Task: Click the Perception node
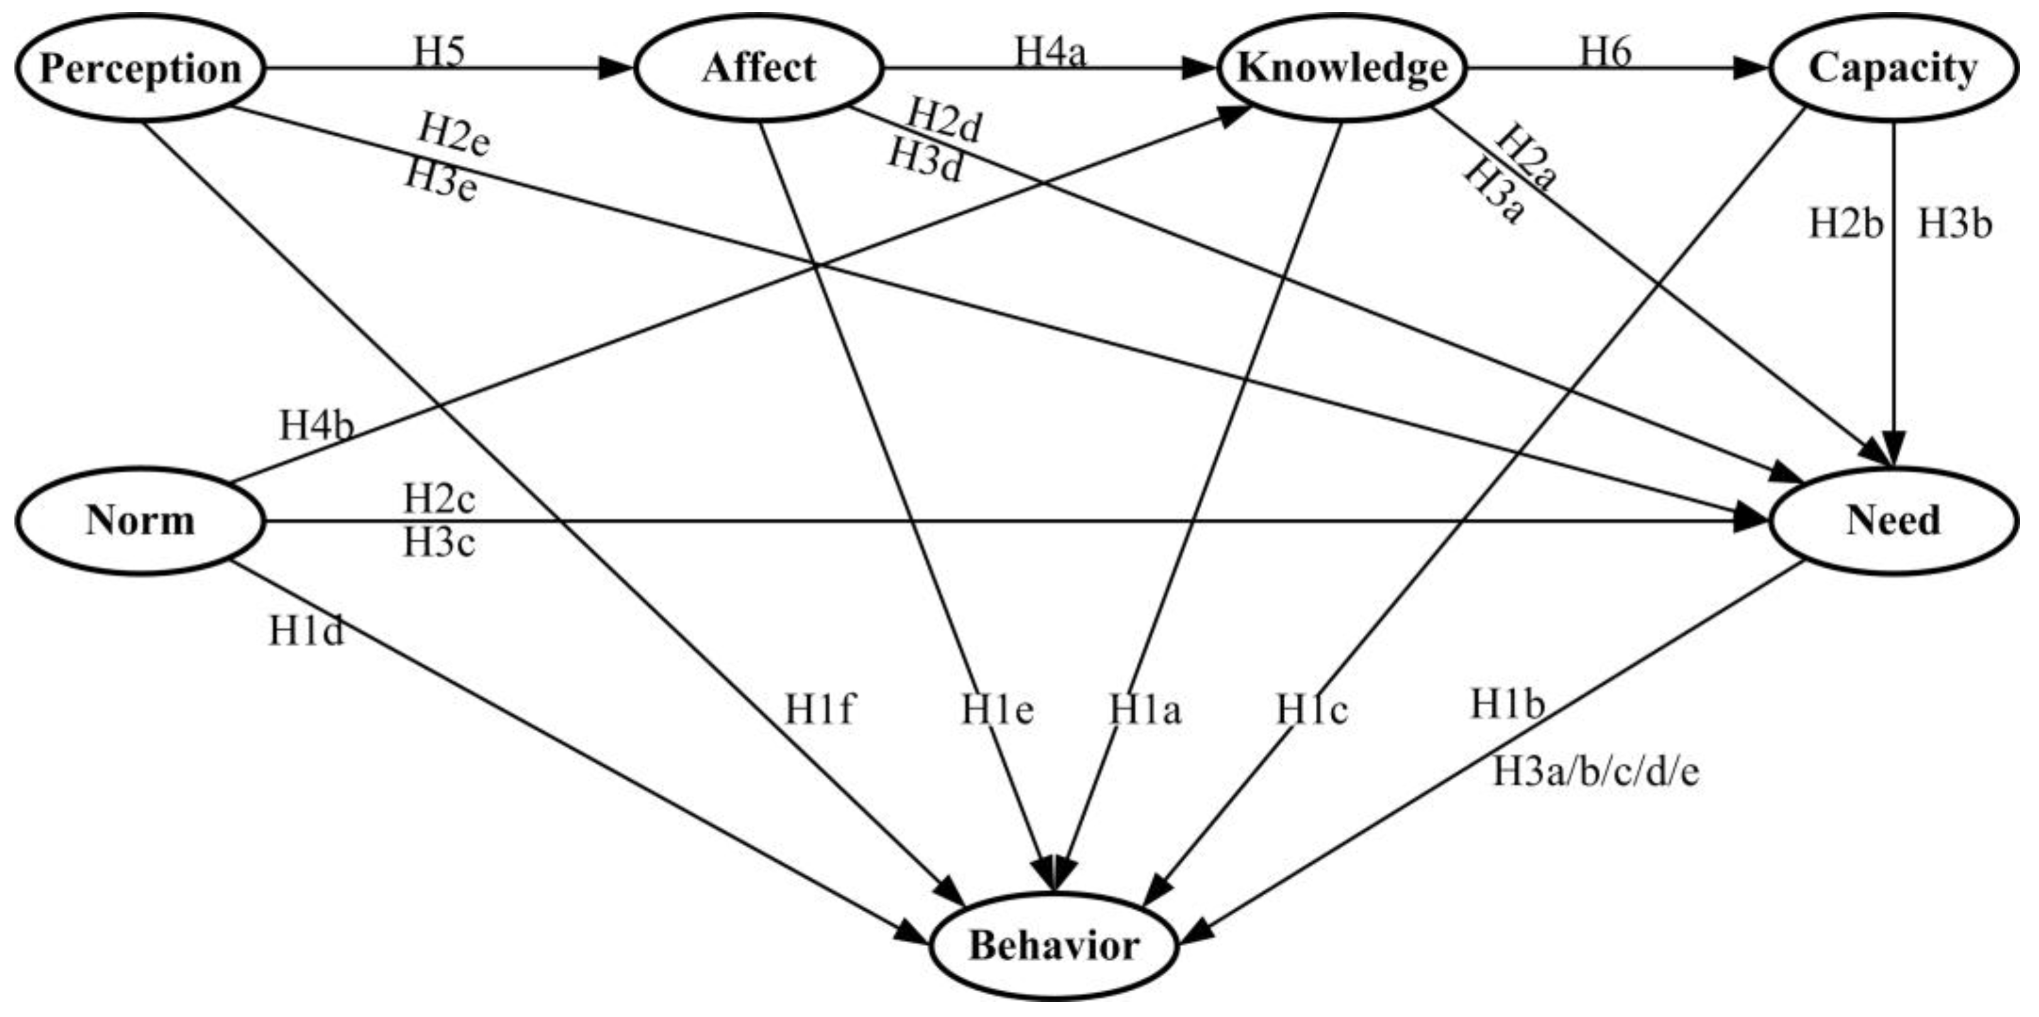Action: pyautogui.click(x=140, y=68)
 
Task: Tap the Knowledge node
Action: pyautogui.click(x=1342, y=68)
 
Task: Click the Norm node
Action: pyautogui.click(x=140, y=521)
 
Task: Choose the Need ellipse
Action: pyautogui.click(x=1893, y=521)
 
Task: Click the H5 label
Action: pyautogui.click(x=439, y=52)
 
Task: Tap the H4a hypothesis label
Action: pyautogui.click(x=1051, y=52)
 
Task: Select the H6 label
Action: pyautogui.click(x=1606, y=52)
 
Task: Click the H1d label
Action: pyautogui.click(x=307, y=631)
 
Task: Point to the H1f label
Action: pyautogui.click(x=819, y=709)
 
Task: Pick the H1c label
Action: pyautogui.click(x=1311, y=709)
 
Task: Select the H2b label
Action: pyautogui.click(x=1846, y=225)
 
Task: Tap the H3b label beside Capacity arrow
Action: pyautogui.click(x=1954, y=225)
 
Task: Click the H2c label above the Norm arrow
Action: pyautogui.click(x=439, y=499)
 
